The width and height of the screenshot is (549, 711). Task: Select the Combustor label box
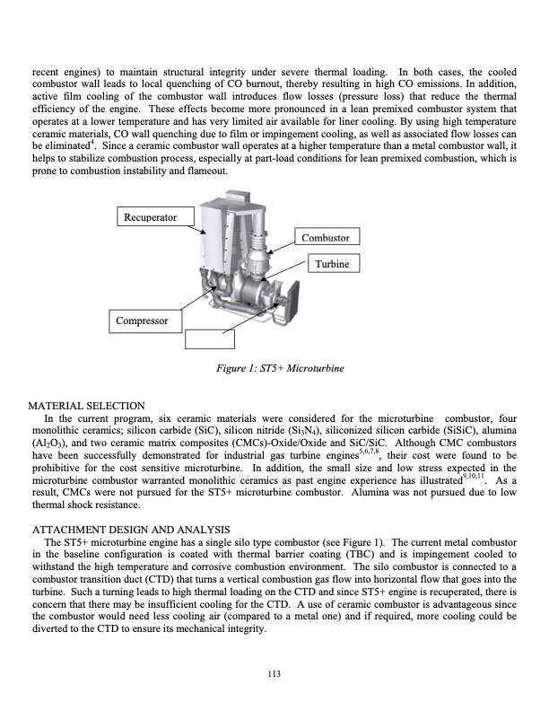coord(327,238)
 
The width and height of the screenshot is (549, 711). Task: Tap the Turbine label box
coord(334,263)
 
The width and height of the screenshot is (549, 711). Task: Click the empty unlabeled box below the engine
coord(210,338)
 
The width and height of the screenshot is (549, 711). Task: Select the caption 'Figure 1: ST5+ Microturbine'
coord(274,368)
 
